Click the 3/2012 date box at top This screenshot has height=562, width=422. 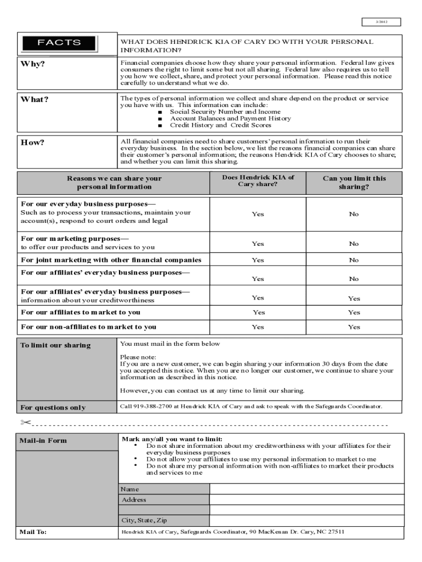(x=381, y=22)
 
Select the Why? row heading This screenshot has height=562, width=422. (x=33, y=64)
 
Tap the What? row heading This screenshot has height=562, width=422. (x=35, y=99)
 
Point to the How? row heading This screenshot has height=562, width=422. (x=32, y=143)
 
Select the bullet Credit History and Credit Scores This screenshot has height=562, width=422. (x=220, y=125)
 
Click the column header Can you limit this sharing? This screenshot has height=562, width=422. (x=354, y=182)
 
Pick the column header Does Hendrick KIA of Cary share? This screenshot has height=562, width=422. (x=258, y=181)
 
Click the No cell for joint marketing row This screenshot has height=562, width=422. (x=354, y=260)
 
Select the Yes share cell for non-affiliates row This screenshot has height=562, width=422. (x=258, y=327)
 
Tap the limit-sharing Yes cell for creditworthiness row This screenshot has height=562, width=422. (x=354, y=299)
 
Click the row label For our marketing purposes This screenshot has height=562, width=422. (x=75, y=239)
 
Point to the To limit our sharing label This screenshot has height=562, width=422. (x=55, y=345)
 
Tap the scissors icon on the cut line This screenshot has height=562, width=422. (x=25, y=423)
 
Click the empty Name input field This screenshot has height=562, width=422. (x=306, y=489)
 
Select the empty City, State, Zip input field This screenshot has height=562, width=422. (x=306, y=520)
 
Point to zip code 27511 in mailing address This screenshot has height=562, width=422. (x=335, y=532)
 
